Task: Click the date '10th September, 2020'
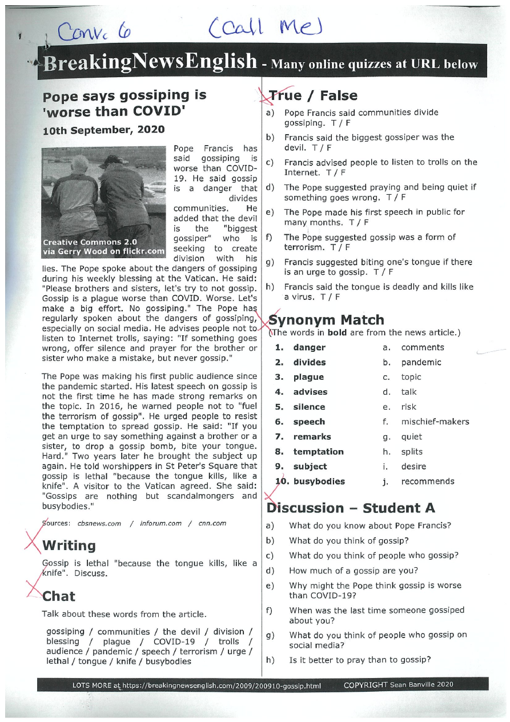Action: coord(103,130)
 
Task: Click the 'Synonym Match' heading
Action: coord(326,320)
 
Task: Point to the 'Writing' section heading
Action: coord(69,545)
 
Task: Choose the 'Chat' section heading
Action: coord(59,596)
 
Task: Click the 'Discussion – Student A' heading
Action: coord(351,508)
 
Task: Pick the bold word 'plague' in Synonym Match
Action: coord(308,377)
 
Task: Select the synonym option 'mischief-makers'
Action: coord(435,422)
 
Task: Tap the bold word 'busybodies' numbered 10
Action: coord(319,481)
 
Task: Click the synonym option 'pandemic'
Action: coord(421,362)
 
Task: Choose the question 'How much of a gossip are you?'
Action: coord(353,570)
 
